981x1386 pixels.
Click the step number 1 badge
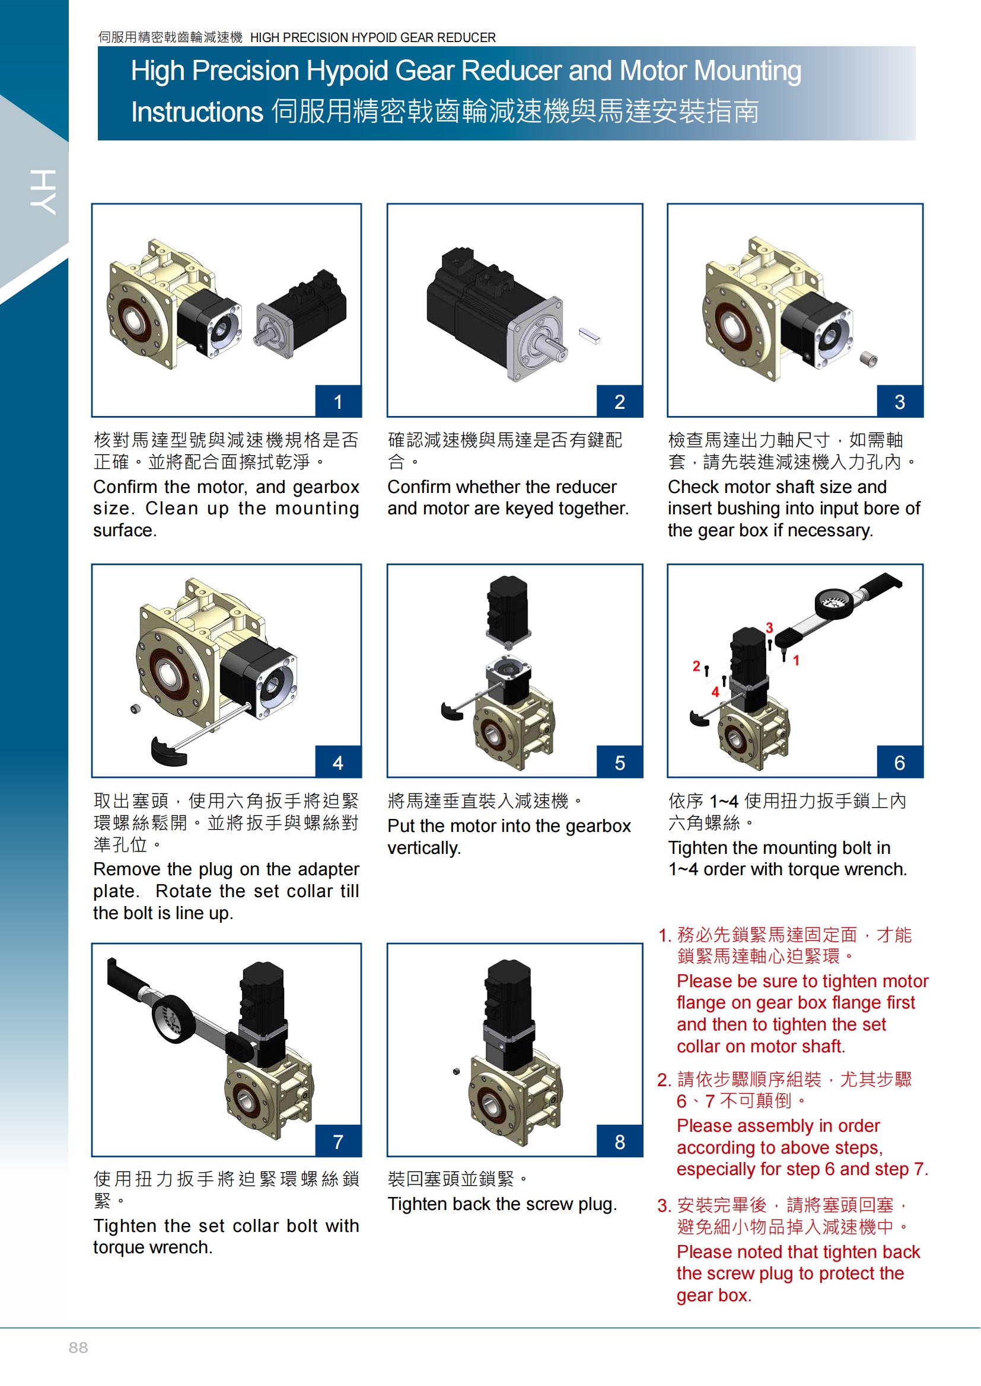pyautogui.click(x=338, y=401)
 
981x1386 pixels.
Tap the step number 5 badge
pyautogui.click(x=620, y=763)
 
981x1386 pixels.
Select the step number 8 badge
pyautogui.click(x=620, y=1141)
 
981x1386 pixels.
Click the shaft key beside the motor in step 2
pyautogui.click(x=590, y=335)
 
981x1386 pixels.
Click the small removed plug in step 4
pyautogui.click(x=135, y=708)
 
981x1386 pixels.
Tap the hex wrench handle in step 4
pyautogui.click(x=168, y=751)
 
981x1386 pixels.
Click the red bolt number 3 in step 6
pyautogui.click(x=770, y=628)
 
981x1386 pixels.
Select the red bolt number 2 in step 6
pyautogui.click(x=696, y=666)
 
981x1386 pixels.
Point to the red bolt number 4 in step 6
pyautogui.click(x=715, y=692)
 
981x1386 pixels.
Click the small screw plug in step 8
pyautogui.click(x=456, y=1071)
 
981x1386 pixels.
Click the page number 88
pyautogui.click(x=78, y=1348)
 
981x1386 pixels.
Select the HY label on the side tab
pyautogui.click(x=43, y=192)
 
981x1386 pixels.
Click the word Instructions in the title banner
pyautogui.click(x=197, y=111)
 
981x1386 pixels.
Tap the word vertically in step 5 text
pyautogui.click(x=424, y=848)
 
